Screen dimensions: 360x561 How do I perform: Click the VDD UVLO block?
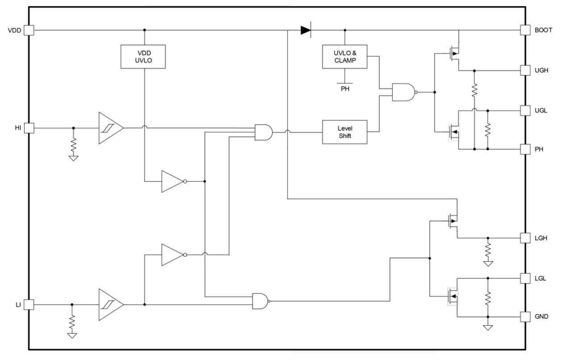[x=143, y=56]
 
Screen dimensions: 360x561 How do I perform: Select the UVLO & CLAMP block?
[x=344, y=56]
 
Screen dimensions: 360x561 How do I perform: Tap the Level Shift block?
[x=344, y=132]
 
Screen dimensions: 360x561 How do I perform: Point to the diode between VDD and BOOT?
[x=306, y=30]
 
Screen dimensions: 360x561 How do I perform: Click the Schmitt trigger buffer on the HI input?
[x=110, y=128]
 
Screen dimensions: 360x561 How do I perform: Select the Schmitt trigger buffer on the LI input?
[x=110, y=305]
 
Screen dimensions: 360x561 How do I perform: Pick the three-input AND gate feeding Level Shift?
[x=264, y=132]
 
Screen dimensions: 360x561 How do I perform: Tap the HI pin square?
[x=29, y=128]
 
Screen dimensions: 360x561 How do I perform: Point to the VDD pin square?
[x=29, y=30]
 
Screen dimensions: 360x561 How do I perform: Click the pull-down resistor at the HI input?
[x=74, y=144]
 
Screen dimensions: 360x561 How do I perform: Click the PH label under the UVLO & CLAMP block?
[x=345, y=88]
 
